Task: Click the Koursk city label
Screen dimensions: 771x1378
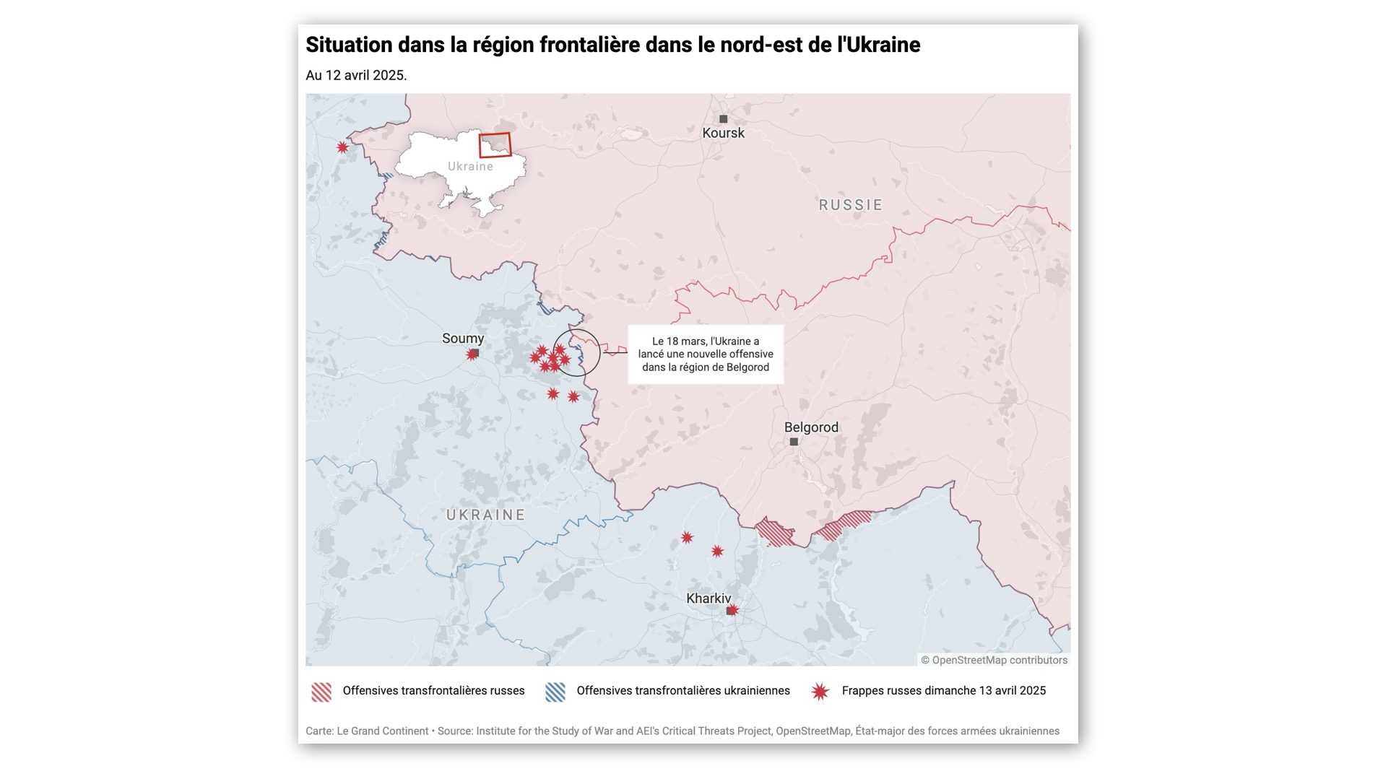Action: click(723, 133)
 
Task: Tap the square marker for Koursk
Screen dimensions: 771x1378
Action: click(723, 119)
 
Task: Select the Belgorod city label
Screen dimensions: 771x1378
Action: click(811, 427)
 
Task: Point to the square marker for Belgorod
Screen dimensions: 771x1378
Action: click(794, 442)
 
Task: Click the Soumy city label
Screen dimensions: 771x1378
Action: click(463, 339)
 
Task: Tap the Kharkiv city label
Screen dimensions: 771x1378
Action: click(708, 598)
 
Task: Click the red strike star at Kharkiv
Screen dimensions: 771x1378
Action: click(733, 610)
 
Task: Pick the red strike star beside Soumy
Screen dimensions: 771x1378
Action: click(472, 354)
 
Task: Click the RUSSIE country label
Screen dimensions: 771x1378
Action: click(851, 205)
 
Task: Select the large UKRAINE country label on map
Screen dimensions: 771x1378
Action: click(485, 515)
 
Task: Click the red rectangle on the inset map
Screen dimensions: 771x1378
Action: click(495, 144)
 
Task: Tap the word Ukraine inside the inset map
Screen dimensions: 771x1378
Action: click(470, 166)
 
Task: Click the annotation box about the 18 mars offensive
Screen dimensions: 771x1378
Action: click(706, 354)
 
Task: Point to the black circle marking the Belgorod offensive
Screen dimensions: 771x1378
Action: click(576, 352)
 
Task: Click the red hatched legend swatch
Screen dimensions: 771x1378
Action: click(321, 692)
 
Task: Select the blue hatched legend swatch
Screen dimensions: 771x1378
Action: click(555, 692)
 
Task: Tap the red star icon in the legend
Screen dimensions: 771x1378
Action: click(820, 692)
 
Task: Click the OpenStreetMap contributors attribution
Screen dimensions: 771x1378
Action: click(994, 660)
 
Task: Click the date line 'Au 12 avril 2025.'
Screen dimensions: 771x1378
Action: click(356, 75)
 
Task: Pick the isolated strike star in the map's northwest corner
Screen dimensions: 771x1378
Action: click(342, 147)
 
